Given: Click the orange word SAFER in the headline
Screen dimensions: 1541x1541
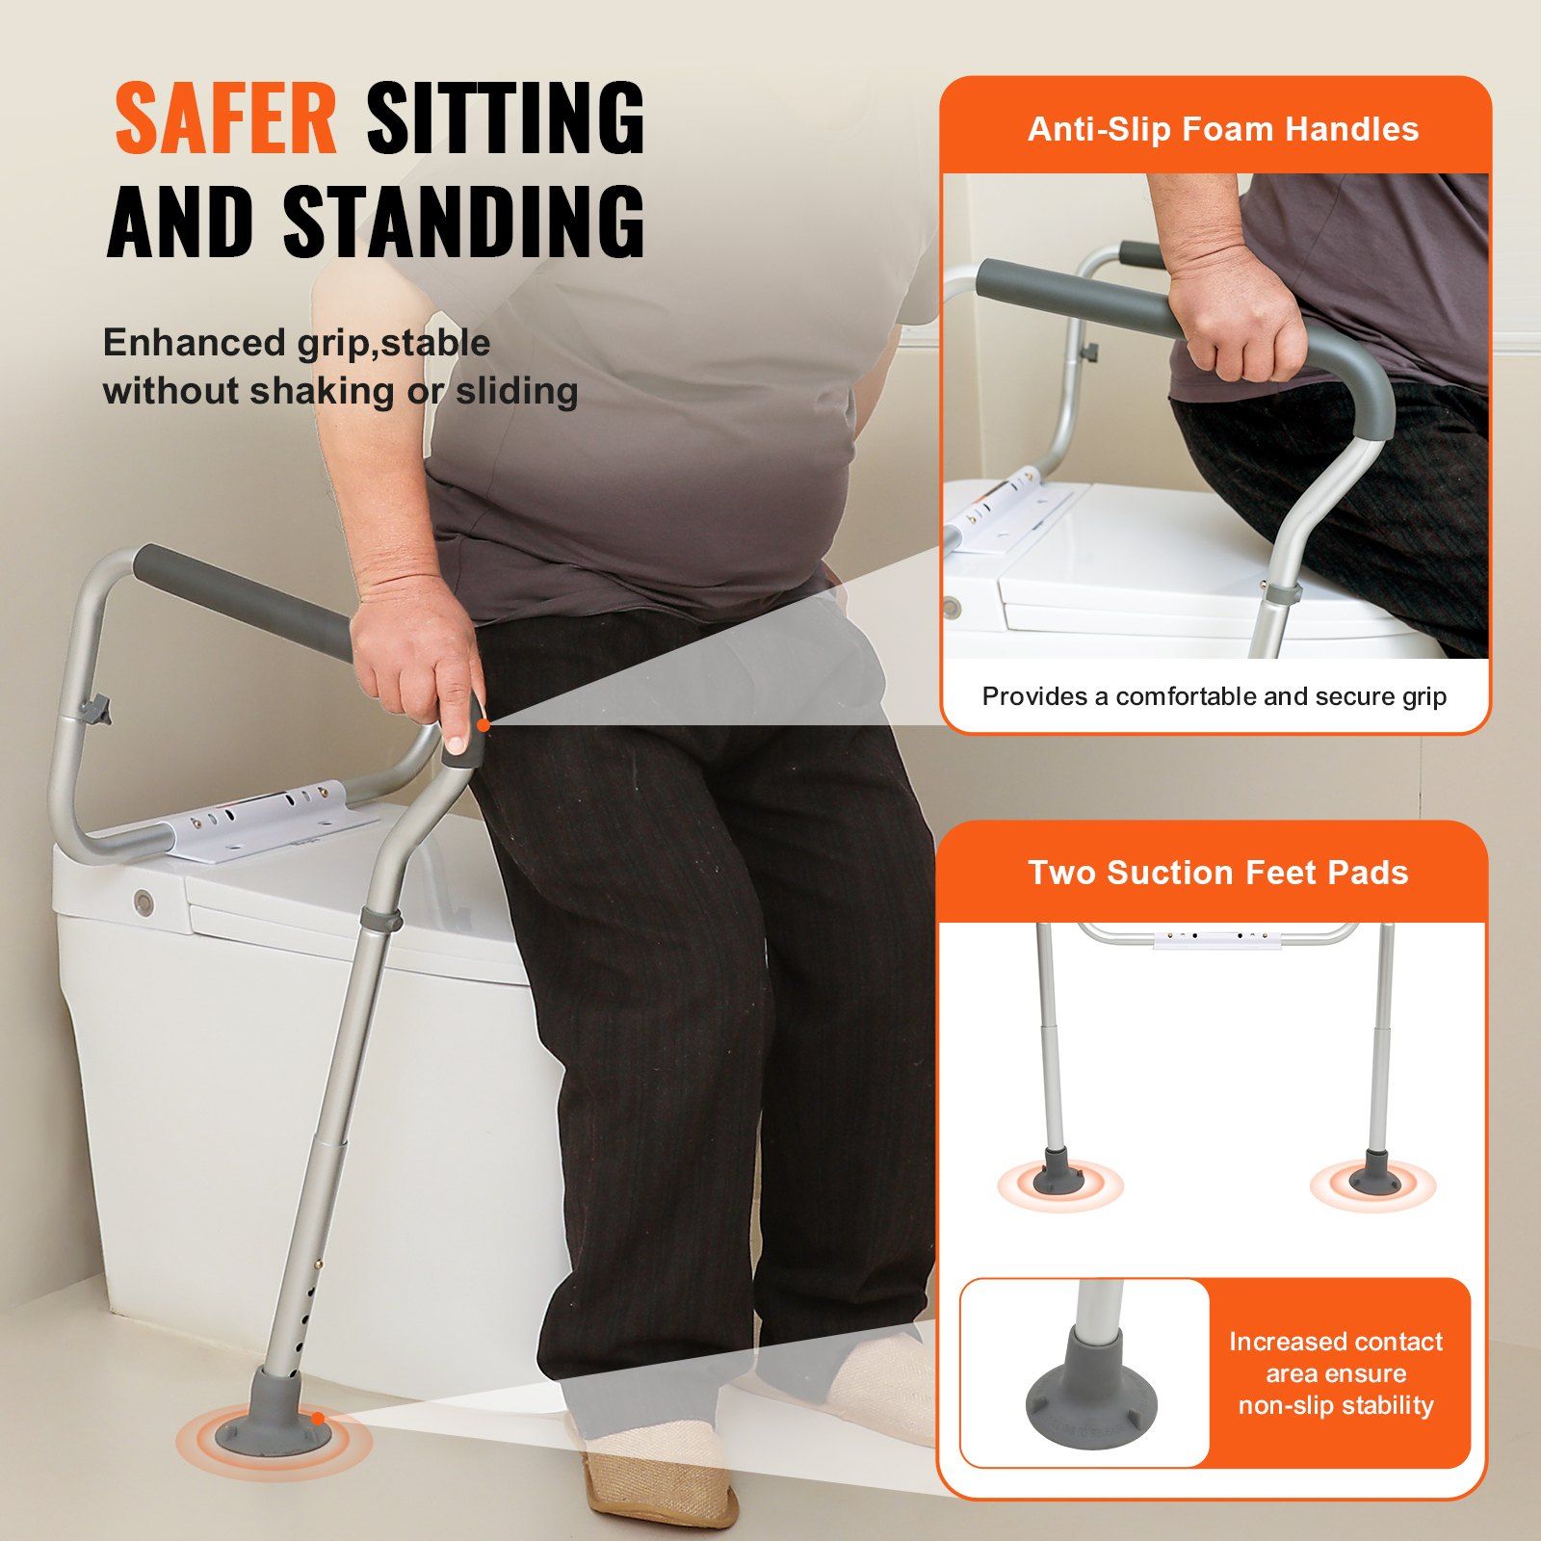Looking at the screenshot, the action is tap(226, 118).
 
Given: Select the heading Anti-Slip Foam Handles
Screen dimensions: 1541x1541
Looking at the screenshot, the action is tap(1223, 129).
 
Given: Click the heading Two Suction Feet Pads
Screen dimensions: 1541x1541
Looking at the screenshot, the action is tap(1218, 873).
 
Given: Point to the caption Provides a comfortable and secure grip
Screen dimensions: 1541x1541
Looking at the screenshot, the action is tap(1214, 696).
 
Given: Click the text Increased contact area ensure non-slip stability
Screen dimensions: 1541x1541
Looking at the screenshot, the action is tap(1336, 1373).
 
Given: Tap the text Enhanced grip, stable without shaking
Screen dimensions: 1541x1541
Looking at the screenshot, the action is tap(341, 367).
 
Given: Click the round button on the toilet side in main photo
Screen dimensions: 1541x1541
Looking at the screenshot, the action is tap(144, 901).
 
